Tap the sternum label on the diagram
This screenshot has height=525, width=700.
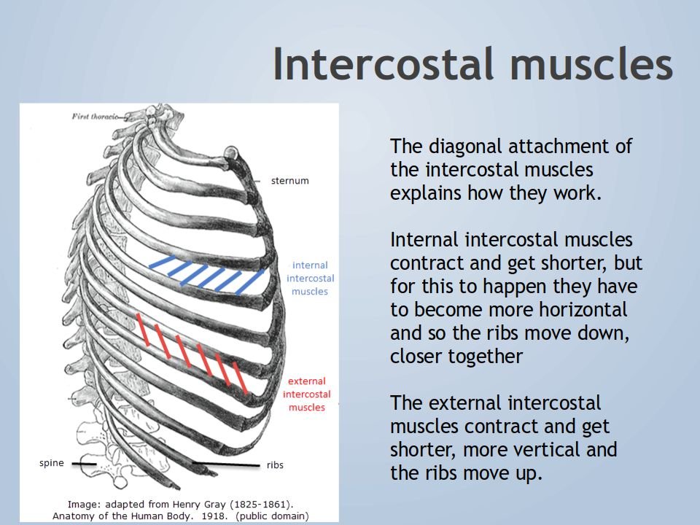(289, 180)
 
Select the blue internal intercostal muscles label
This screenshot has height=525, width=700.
(310, 279)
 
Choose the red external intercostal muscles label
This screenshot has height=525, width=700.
(306, 394)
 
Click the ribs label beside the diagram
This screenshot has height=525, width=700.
(275, 464)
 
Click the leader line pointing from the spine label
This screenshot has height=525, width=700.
(83, 463)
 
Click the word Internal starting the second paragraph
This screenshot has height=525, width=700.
(423, 239)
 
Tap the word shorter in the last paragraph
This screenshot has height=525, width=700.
(423, 449)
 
